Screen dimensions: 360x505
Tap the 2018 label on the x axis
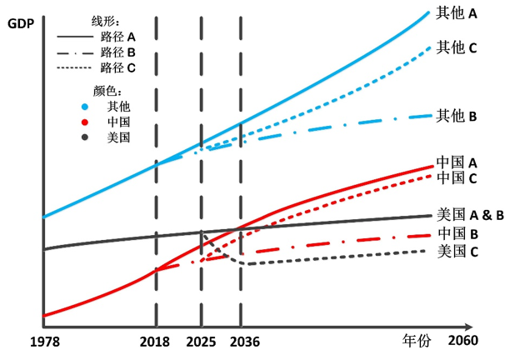pos(156,342)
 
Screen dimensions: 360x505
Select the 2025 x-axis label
pos(201,342)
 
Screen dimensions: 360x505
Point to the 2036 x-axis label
pos(242,342)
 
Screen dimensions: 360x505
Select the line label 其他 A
pos(457,14)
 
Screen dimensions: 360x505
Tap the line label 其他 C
pos(457,48)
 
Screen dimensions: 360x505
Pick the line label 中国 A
pos(456,163)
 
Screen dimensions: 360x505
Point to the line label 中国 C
pos(456,178)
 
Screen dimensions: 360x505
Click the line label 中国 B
pos(456,234)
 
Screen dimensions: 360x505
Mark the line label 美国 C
pos(456,250)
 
